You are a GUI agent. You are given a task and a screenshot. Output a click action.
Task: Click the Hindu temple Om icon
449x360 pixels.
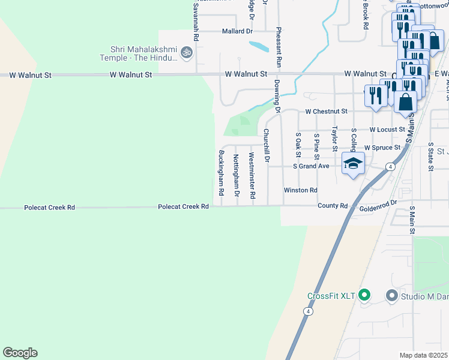(x=186, y=53)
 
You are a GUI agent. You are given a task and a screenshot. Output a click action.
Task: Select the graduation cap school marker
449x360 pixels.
(x=354, y=163)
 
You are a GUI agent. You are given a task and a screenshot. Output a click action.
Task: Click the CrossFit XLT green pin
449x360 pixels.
(x=364, y=295)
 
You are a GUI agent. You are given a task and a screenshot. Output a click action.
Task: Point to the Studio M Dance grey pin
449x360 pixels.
(x=392, y=295)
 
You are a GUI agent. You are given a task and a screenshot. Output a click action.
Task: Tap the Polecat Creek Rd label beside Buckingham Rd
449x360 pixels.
(x=183, y=206)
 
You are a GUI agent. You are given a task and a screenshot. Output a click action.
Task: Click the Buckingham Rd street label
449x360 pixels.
(x=221, y=174)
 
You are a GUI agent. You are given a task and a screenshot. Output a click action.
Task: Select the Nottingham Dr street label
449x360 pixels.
(x=236, y=176)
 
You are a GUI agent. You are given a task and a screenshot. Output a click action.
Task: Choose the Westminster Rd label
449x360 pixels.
(x=252, y=176)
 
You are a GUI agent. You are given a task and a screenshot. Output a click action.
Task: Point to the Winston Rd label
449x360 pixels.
(x=300, y=190)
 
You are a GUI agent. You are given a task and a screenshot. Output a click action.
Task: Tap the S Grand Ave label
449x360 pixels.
(x=311, y=166)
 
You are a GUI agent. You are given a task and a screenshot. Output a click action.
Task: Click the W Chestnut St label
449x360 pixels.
(x=326, y=112)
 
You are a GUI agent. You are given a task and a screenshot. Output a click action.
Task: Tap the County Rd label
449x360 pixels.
(x=333, y=206)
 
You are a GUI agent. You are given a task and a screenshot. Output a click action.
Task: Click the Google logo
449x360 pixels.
(x=20, y=353)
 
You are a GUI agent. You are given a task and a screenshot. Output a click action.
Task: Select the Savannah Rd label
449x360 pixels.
(x=194, y=16)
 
